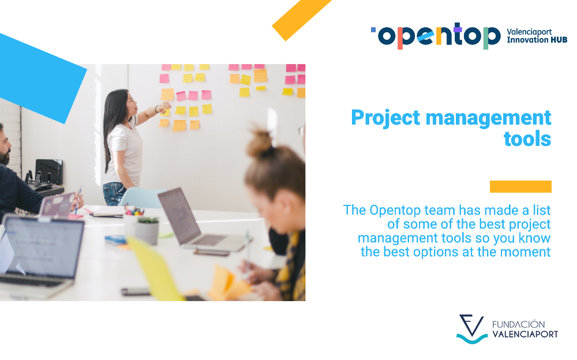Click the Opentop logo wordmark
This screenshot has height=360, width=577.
tap(436, 36)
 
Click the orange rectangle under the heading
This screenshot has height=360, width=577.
tap(520, 186)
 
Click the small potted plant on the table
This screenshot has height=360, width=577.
tap(148, 229)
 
